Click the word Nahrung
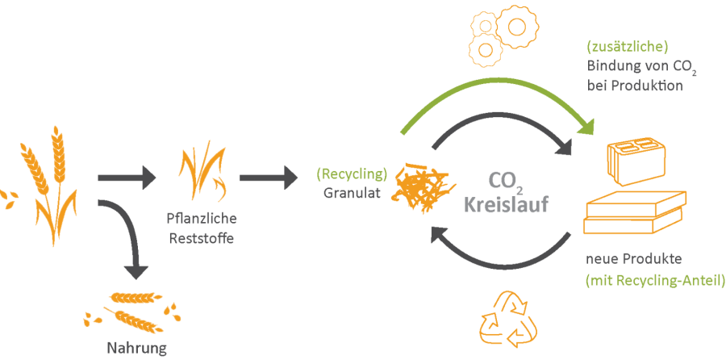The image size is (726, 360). click(x=137, y=349)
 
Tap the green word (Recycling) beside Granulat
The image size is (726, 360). click(x=352, y=174)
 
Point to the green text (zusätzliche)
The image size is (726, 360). click(x=628, y=47)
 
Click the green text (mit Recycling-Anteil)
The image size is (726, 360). click(x=655, y=280)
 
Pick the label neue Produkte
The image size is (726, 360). click(x=635, y=260)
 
